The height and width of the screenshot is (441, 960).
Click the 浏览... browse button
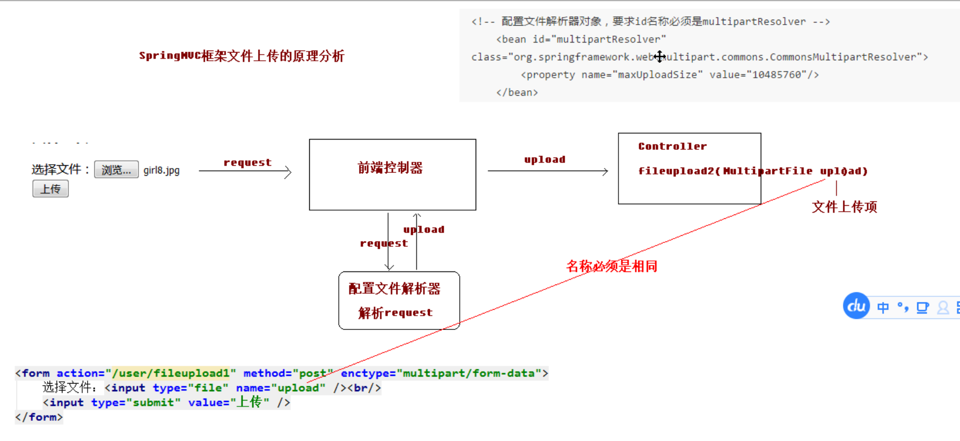[x=116, y=170]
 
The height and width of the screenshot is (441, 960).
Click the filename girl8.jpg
[x=161, y=170]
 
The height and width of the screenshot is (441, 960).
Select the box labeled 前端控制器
[x=392, y=174]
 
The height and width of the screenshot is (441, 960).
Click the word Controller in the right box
[x=672, y=147]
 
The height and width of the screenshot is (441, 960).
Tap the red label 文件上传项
[x=844, y=207]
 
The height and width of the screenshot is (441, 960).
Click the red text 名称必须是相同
[x=611, y=266]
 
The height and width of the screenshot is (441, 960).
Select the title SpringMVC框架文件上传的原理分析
[x=241, y=56]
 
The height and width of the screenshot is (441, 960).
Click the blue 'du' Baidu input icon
[x=856, y=306]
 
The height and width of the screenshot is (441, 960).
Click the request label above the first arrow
[x=247, y=163]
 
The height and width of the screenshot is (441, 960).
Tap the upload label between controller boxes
[x=545, y=160]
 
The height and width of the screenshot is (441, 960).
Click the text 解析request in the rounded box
[x=395, y=313]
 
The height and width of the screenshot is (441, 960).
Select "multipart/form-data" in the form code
[x=469, y=373]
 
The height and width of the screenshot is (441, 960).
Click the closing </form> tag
[x=39, y=417]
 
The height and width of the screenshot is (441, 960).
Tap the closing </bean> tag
[x=517, y=92]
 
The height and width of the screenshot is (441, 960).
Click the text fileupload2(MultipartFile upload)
[x=753, y=171]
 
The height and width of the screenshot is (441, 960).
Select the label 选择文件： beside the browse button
[x=60, y=170]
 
